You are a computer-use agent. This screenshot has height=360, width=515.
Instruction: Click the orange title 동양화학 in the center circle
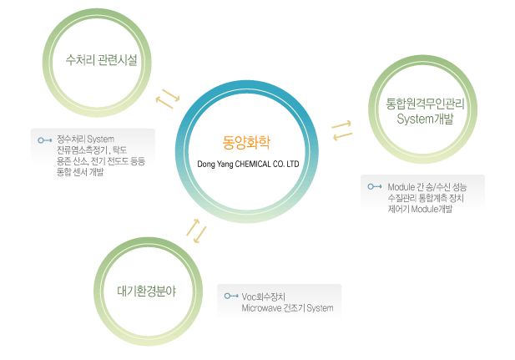[x=246, y=141]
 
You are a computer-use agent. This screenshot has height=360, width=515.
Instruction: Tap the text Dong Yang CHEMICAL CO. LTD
[x=247, y=165]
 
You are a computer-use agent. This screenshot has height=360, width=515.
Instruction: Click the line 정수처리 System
[x=85, y=138]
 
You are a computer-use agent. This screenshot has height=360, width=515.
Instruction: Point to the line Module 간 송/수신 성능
[x=432, y=185]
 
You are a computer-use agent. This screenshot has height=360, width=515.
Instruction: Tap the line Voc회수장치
[x=264, y=297]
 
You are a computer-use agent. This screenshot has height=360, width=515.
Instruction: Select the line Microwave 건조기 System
[x=287, y=308]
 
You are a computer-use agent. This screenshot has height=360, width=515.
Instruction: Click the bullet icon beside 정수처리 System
[x=45, y=139]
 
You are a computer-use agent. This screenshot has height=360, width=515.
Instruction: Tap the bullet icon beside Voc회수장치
[x=231, y=297]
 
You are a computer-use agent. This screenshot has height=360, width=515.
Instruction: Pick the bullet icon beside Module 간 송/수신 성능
[x=376, y=185]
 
